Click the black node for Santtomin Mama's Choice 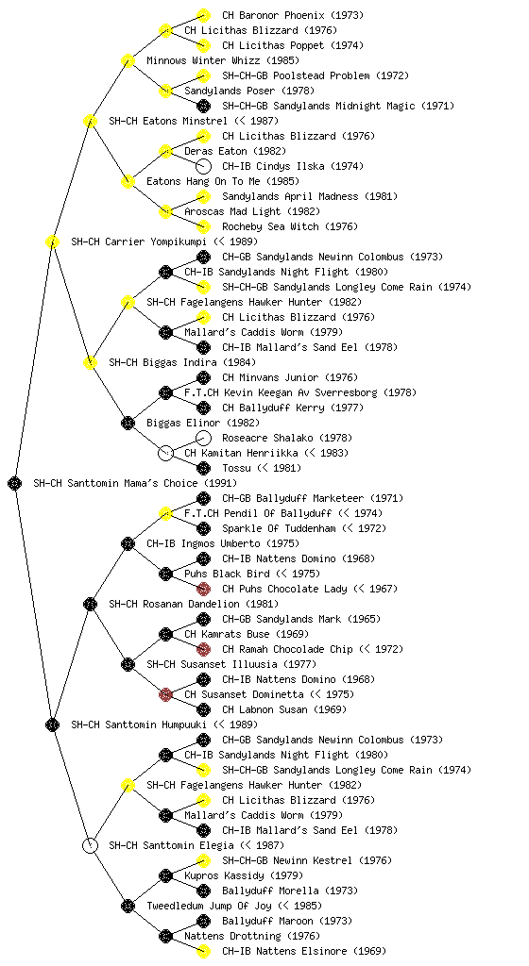pos(15,484)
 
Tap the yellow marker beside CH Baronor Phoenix pos(203,15)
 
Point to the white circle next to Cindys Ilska pos(203,166)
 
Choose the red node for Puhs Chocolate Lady pos(203,589)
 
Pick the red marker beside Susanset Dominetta pos(165,695)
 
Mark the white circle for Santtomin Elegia pos(90,845)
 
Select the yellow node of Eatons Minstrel pos(90,121)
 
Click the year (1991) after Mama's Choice pos(220,484)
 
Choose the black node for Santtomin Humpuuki pos(52,725)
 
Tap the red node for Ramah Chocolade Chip pos(203,649)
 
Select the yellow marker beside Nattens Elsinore pos(203,951)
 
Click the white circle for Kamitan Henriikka pos(165,454)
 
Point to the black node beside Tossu pos(203,468)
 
